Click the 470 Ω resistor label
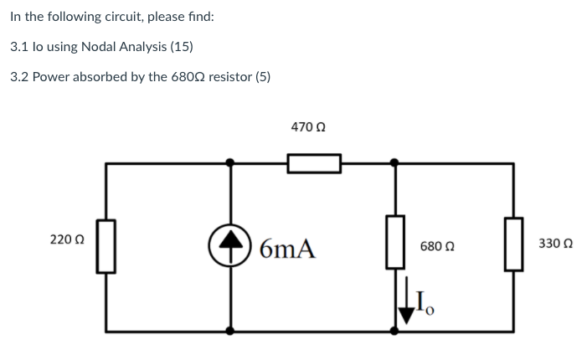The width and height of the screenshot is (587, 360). point(308,126)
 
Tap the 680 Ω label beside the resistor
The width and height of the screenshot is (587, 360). point(437,248)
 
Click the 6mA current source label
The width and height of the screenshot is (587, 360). point(287,248)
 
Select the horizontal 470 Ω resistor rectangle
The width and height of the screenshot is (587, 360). point(314,162)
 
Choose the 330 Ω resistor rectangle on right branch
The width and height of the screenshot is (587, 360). point(513,244)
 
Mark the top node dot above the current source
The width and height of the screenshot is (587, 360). point(232,162)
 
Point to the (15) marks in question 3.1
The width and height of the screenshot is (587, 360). point(182,47)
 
